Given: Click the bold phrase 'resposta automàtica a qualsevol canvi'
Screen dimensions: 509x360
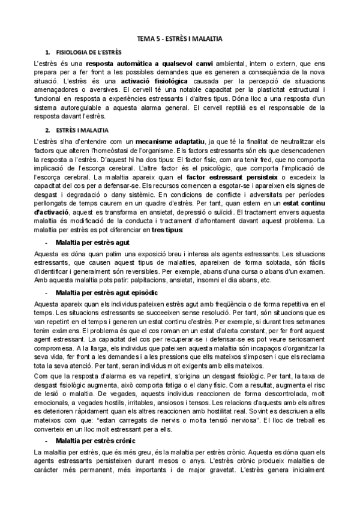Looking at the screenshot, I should pyautogui.click(x=141, y=62).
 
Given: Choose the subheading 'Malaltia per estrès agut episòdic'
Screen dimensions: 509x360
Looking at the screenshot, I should pyautogui.click(x=106, y=292).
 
